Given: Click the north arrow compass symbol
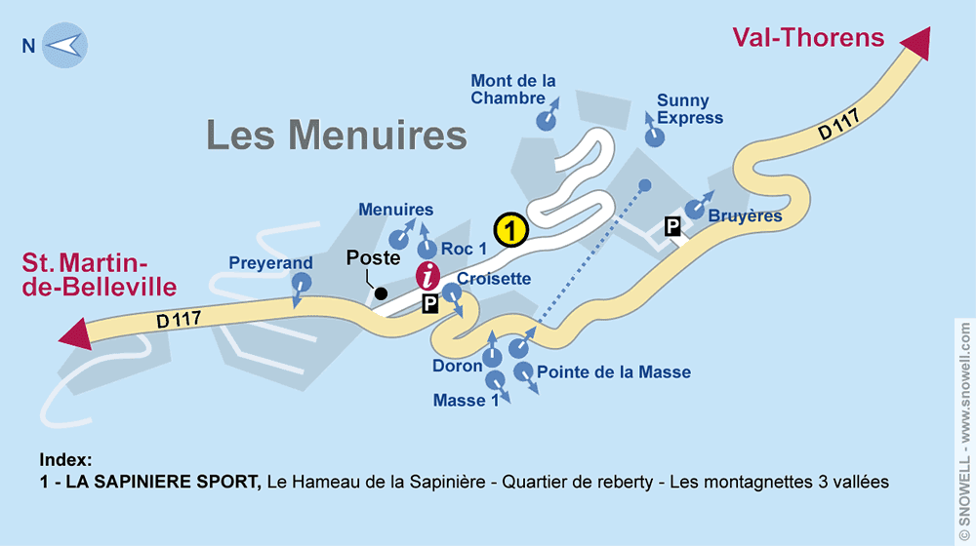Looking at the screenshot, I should point(64,45).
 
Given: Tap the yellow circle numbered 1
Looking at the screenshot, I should point(510,230).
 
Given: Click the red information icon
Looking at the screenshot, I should point(428,276).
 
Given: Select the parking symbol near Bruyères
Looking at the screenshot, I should point(672,227).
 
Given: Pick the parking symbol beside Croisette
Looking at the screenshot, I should point(430,305).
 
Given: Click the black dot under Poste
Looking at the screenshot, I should point(381,292).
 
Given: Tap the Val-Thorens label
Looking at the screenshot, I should point(808,39).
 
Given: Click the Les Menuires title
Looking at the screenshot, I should point(337,135).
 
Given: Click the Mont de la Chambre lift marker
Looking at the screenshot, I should point(546,119).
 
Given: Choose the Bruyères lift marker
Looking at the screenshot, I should point(694,209).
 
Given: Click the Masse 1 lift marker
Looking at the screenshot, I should point(495,380).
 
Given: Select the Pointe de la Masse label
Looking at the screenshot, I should point(614,372).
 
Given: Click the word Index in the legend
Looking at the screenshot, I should point(66,459).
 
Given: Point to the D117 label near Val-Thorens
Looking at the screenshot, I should point(839,125).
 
